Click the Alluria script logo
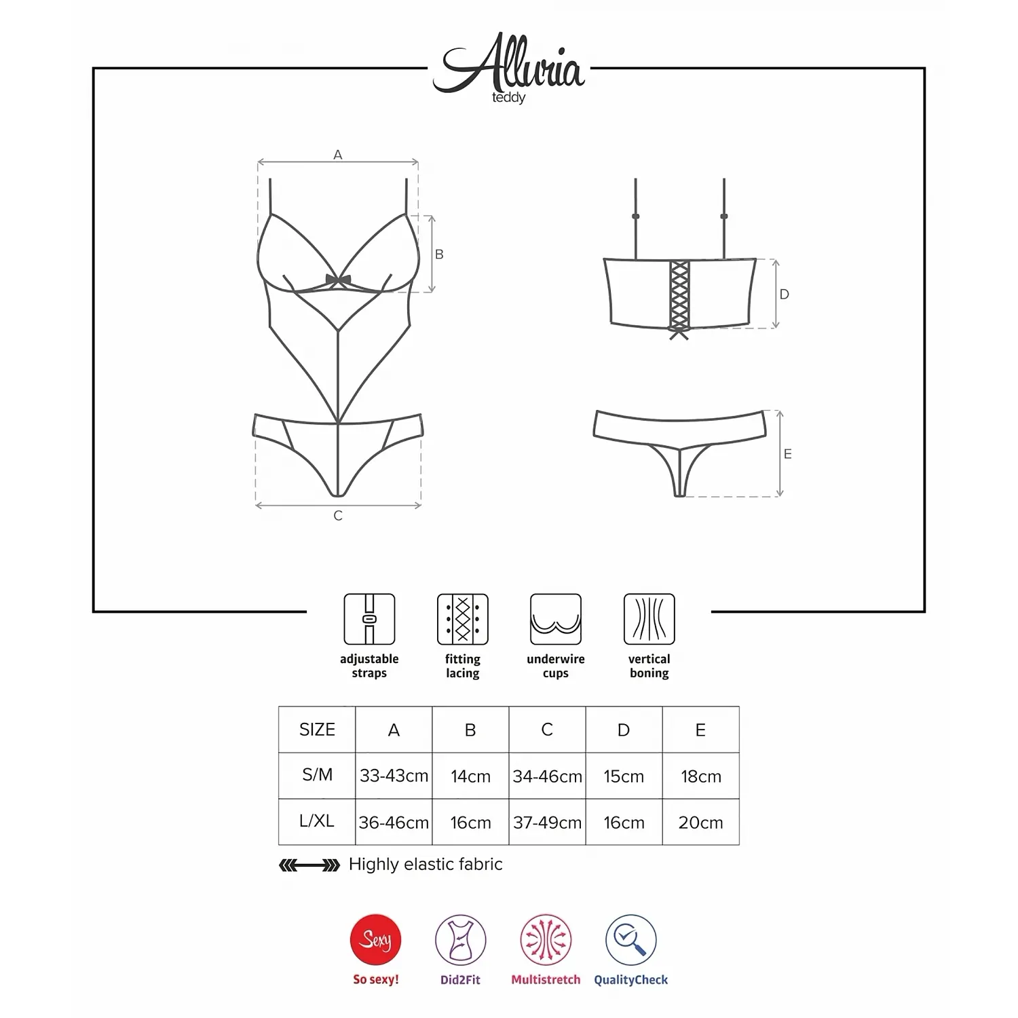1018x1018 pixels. pyautogui.click(x=509, y=65)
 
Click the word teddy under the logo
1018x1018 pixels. pyautogui.click(x=509, y=98)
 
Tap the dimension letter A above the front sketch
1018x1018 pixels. pyautogui.click(x=338, y=155)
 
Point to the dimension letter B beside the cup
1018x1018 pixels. pyautogui.click(x=439, y=254)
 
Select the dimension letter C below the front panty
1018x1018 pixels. pyautogui.click(x=338, y=516)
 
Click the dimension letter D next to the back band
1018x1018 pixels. pyautogui.click(x=785, y=294)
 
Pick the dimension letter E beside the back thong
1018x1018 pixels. pyautogui.click(x=788, y=453)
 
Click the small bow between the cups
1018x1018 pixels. pyautogui.click(x=338, y=280)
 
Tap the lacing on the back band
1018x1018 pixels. pyautogui.click(x=679, y=299)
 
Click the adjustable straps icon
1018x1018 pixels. pyautogui.click(x=369, y=619)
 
